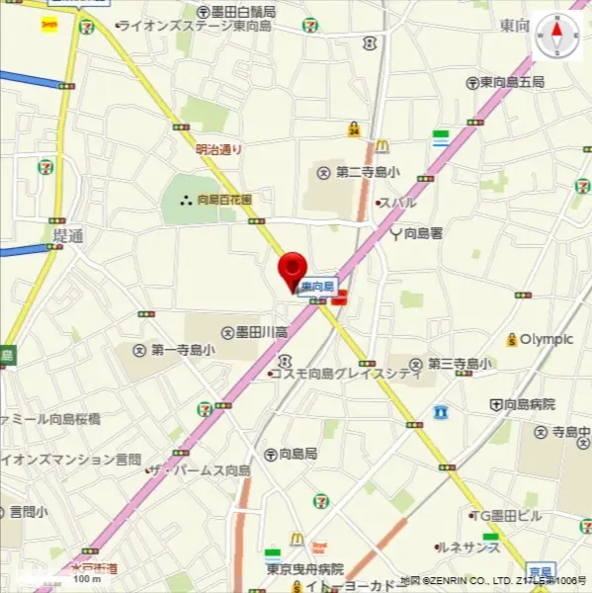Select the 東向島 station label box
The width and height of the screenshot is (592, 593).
pyautogui.click(x=318, y=286)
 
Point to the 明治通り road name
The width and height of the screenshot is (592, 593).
pyautogui.click(x=218, y=150)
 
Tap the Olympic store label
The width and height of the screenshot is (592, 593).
pyautogui.click(x=540, y=339)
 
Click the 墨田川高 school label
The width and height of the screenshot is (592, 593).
pyautogui.click(x=255, y=332)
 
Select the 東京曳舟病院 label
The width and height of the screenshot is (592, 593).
pyautogui.click(x=303, y=569)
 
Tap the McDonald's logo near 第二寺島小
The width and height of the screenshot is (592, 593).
pyautogui.click(x=381, y=147)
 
